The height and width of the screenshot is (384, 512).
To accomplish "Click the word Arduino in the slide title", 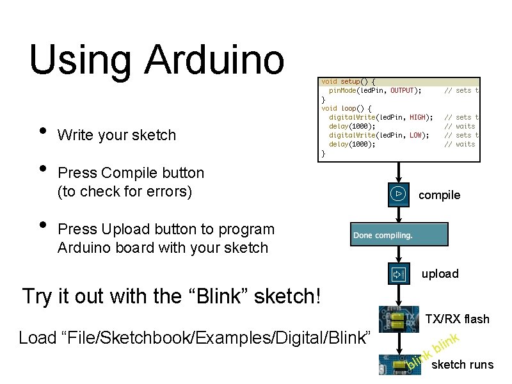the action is (x=214, y=60).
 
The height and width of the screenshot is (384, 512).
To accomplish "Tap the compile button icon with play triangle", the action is (x=398, y=193).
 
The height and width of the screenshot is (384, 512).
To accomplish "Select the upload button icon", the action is (x=398, y=274).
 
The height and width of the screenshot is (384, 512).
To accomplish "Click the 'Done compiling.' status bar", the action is (x=399, y=235).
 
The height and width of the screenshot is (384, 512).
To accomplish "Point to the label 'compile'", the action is (x=439, y=195).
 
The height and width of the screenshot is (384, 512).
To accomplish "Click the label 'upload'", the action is (x=440, y=274).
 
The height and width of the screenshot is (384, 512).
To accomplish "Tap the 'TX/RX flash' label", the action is (x=457, y=319).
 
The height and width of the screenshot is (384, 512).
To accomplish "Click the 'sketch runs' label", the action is (x=463, y=365).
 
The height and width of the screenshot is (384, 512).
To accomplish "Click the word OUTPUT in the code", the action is (x=403, y=91).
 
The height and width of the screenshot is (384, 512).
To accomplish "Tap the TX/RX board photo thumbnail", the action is (x=399, y=319).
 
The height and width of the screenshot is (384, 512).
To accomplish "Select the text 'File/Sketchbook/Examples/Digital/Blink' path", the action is (x=195, y=337).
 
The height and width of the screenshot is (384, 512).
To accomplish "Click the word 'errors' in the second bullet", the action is (x=164, y=191).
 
